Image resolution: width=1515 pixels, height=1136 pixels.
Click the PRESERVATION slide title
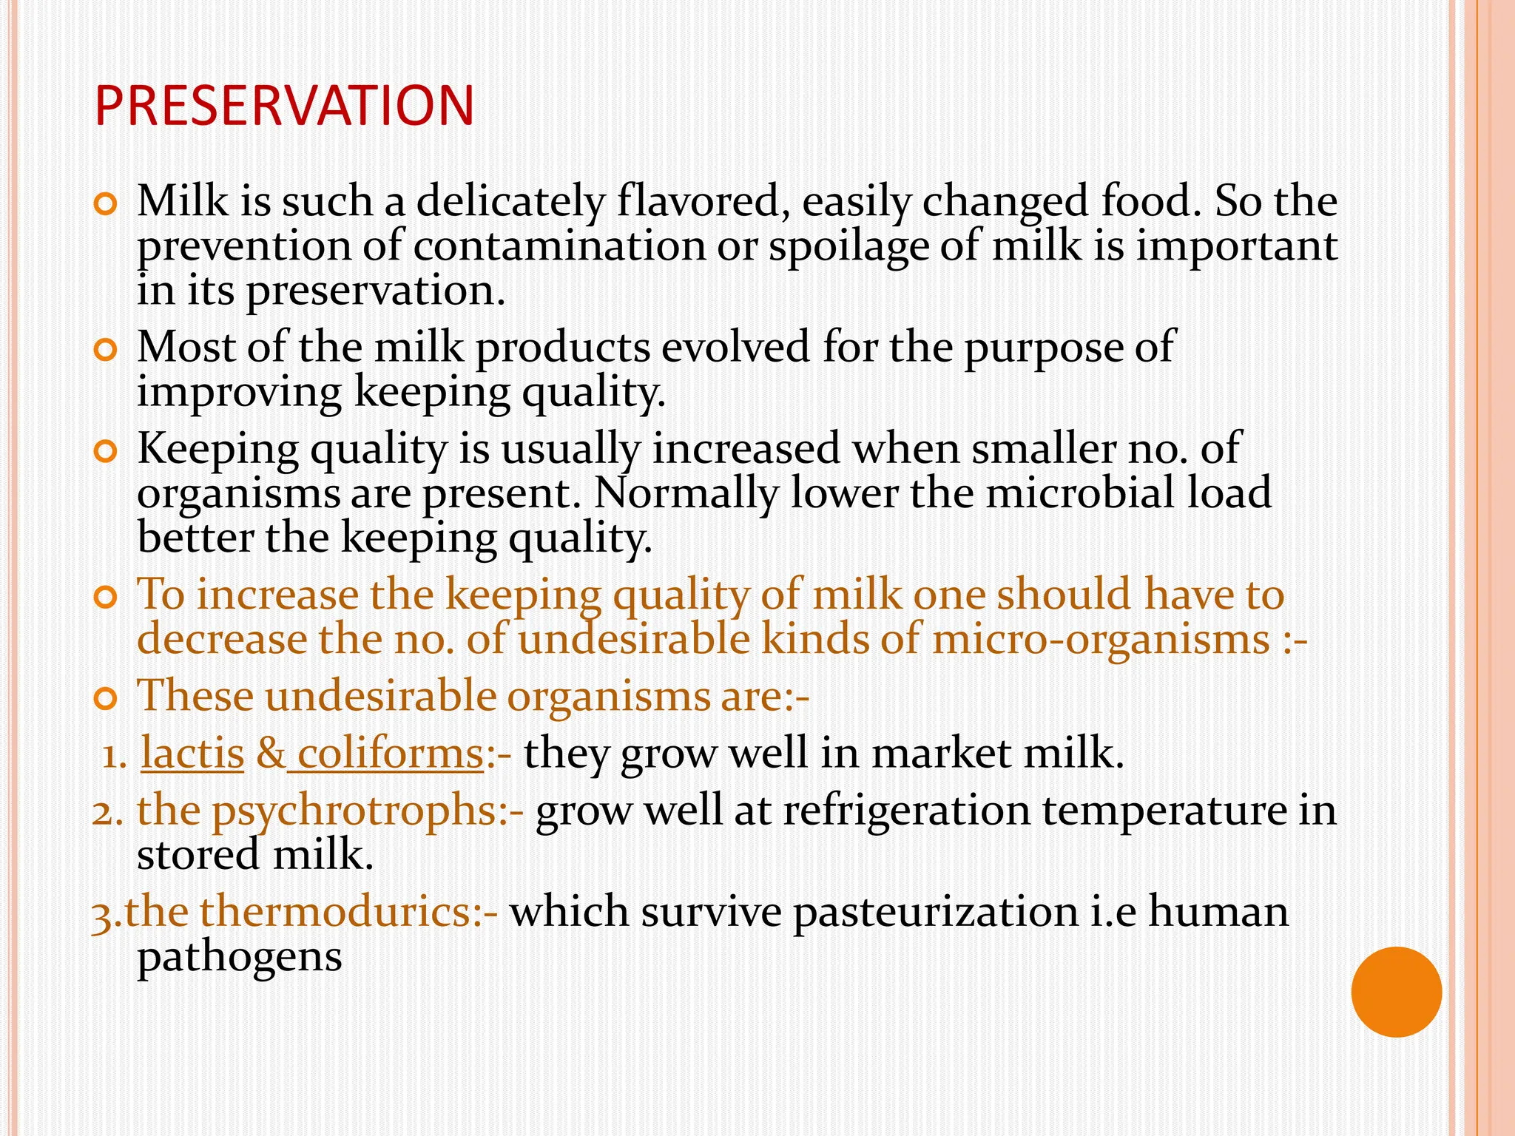click(x=284, y=106)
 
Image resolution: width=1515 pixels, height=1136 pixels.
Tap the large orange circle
click(x=1396, y=992)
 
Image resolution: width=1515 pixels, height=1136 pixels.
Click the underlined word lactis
click(x=192, y=754)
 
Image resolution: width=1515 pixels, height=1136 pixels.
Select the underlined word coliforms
click(x=390, y=754)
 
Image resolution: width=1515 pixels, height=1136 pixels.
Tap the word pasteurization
click(x=935, y=912)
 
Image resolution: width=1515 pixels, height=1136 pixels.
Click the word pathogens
click(x=240, y=958)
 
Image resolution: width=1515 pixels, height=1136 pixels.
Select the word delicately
click(x=510, y=202)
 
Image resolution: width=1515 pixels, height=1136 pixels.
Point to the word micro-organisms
click(x=1101, y=640)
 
